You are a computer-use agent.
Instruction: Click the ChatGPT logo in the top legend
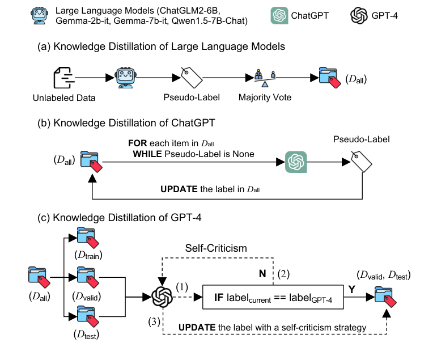click(x=281, y=16)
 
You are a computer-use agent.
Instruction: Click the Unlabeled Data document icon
click(x=64, y=78)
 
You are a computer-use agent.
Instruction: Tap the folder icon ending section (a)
click(x=329, y=78)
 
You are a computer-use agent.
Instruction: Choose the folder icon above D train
click(x=85, y=236)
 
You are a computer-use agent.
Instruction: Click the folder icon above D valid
click(x=85, y=278)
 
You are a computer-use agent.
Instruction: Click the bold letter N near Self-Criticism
click(x=262, y=274)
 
